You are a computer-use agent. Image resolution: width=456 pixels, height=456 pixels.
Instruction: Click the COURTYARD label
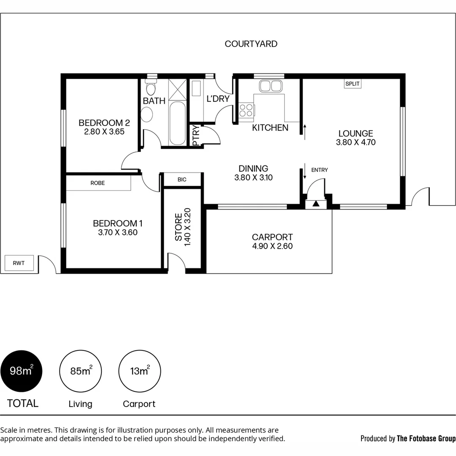pos(251,44)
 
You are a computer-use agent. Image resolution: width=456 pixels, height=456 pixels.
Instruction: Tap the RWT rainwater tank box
pos(19,263)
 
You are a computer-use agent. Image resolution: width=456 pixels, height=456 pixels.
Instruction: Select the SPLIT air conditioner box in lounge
pos(353,84)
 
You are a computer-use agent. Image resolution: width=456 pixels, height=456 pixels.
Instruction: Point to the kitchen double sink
pos(271,86)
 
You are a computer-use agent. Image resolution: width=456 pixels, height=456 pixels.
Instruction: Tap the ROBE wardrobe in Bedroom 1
pos(98,183)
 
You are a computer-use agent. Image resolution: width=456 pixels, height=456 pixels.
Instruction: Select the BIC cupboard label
pos(182,179)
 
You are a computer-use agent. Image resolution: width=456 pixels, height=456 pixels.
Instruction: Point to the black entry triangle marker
pos(316,204)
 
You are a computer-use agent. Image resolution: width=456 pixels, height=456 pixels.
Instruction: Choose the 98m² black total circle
pos(21,372)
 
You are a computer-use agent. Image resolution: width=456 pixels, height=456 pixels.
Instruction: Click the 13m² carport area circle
pos(139,372)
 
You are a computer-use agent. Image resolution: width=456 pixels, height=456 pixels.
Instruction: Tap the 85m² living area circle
pos(80,372)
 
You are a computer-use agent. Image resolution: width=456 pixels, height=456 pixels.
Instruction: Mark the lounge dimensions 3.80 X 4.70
pos(356,143)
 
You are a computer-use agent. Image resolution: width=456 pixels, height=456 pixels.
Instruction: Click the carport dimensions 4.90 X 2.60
pos(272,247)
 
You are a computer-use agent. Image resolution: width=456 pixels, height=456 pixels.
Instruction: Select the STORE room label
pos(179,227)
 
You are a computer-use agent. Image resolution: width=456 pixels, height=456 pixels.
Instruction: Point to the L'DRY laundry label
pos(218,99)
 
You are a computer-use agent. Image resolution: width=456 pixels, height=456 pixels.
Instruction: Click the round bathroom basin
pos(147,114)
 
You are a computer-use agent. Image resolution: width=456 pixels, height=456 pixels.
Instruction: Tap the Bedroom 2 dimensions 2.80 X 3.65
pos(104,132)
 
